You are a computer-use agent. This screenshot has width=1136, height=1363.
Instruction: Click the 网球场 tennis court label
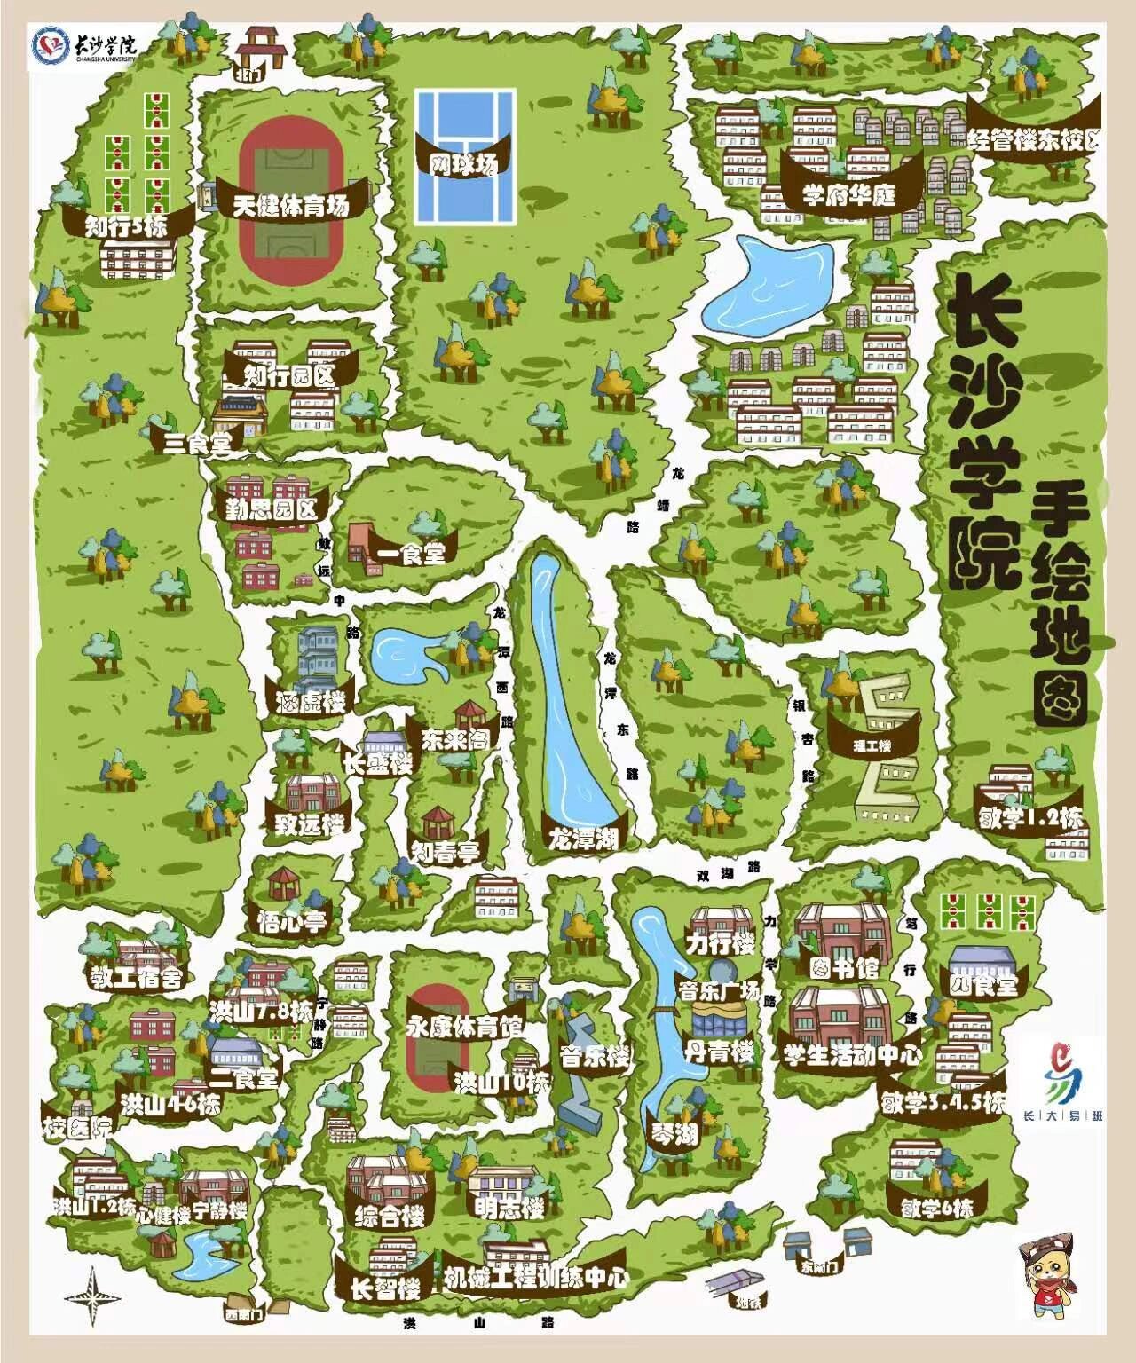point(462,163)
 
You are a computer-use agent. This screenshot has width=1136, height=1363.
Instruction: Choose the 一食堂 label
point(411,554)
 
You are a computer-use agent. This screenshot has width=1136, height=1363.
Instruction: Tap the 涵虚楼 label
point(310,701)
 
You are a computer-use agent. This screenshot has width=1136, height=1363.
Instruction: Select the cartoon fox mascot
point(1055,1283)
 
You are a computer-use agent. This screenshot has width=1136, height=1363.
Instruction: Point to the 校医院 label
point(77,1129)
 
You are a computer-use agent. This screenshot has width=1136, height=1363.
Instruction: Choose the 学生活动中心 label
point(852,1055)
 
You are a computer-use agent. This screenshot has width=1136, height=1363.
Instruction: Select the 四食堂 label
point(982,984)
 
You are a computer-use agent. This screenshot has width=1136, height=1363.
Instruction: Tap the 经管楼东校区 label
point(1035,138)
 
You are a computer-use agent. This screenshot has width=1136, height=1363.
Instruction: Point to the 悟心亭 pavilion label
point(292,921)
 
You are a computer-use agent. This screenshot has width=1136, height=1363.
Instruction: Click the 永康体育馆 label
point(465,1028)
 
